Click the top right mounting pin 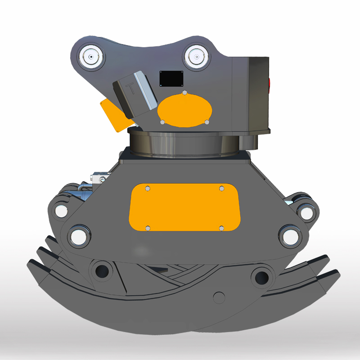[x=197, y=57]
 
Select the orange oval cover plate [x=184, y=110]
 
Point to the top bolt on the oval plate [x=184, y=93]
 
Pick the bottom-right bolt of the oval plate [x=207, y=122]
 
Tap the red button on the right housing [x=269, y=84]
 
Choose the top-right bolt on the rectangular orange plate [x=221, y=189]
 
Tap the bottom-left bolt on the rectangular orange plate [x=148, y=228]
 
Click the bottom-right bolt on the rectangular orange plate [x=221, y=228]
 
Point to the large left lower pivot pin [x=78, y=235]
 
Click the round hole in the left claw [x=103, y=271]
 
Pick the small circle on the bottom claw [x=219, y=297]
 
